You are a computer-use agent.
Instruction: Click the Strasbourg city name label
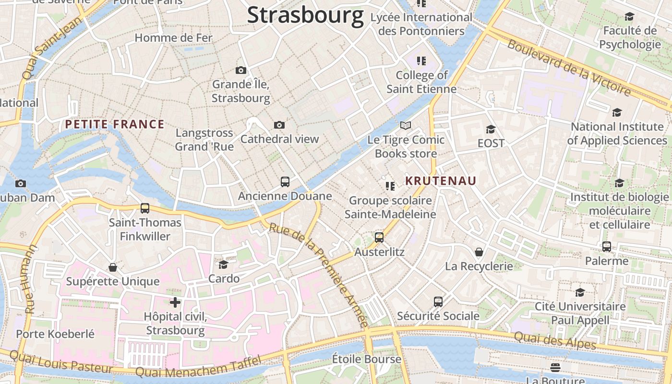(x=305, y=15)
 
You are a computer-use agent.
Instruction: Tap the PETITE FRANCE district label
(x=115, y=125)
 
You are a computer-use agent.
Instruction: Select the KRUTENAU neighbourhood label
(x=441, y=181)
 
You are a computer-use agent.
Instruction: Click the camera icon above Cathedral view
(x=279, y=125)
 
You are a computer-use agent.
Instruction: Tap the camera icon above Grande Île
(x=241, y=71)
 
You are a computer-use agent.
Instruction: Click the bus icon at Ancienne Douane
(x=285, y=182)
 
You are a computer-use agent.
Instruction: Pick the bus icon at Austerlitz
(x=379, y=238)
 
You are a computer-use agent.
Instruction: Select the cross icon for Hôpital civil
(x=175, y=302)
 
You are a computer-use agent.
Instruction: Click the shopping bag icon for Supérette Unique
(x=113, y=267)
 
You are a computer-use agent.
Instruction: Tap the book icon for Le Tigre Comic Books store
(x=406, y=126)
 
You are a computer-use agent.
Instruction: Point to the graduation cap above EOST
(x=491, y=129)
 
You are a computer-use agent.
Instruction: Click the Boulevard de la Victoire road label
(x=569, y=68)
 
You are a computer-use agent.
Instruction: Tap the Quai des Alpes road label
(x=555, y=340)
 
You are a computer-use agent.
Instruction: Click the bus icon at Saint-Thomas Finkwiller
(x=145, y=208)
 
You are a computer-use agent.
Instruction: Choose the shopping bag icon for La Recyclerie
(x=479, y=252)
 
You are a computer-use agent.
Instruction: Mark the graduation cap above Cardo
(x=224, y=264)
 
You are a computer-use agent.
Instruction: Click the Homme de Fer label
(x=173, y=37)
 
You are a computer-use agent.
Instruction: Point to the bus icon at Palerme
(x=607, y=247)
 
